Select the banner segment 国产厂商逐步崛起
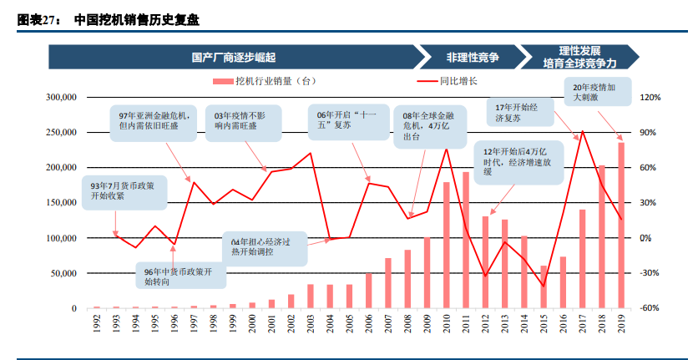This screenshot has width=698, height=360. pos(233,57)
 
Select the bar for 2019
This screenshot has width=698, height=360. pos(621,226)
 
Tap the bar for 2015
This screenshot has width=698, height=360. pos(544,287)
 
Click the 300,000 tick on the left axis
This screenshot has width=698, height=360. pos(61,98)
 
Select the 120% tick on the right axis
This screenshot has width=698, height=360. pos(650,98)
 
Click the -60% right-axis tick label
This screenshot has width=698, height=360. pos(650,308)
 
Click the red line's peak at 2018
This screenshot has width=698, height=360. pos(582,131)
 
